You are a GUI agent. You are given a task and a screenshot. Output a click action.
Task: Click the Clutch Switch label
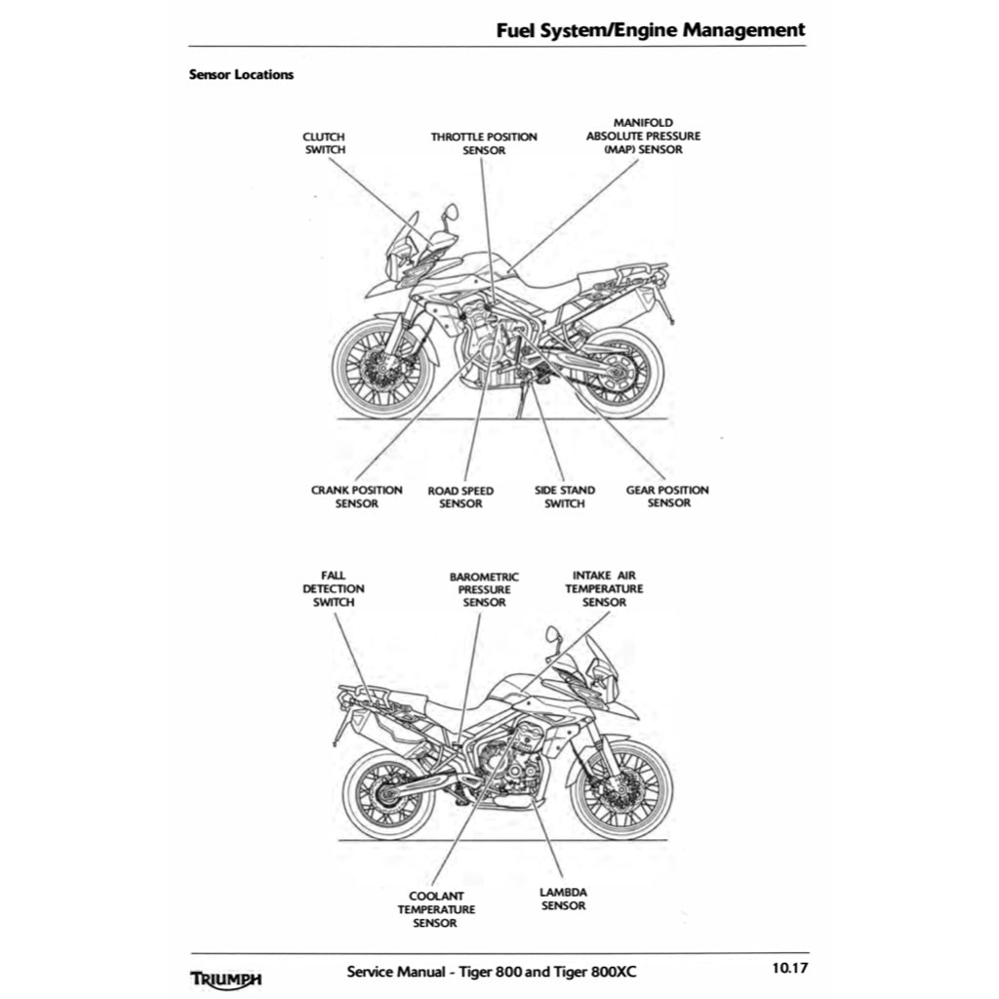pyautogui.click(x=324, y=143)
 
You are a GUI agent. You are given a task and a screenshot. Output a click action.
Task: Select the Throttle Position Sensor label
pyautogui.click(x=484, y=143)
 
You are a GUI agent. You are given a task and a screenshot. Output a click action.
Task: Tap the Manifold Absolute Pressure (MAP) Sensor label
pyautogui.click(x=643, y=137)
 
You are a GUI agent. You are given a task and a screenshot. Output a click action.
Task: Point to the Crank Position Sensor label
pyautogui.click(x=356, y=497)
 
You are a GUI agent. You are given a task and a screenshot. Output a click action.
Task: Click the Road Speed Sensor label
pyautogui.click(x=460, y=498)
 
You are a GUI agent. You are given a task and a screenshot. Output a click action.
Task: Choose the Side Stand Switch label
pyautogui.click(x=564, y=498)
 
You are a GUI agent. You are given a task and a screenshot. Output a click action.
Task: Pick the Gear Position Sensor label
pyautogui.click(x=667, y=497)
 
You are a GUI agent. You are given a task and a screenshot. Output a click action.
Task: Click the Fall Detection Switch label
pyautogui.click(x=334, y=589)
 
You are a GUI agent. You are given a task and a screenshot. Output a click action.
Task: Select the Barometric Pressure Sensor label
pyautogui.click(x=484, y=590)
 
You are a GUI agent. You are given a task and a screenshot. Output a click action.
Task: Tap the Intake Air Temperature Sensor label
pyautogui.click(x=604, y=589)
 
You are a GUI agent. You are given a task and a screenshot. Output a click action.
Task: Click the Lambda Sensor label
pyautogui.click(x=563, y=899)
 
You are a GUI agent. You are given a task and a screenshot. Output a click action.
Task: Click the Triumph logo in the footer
pyautogui.click(x=225, y=977)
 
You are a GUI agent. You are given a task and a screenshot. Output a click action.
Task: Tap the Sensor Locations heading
pyautogui.click(x=241, y=74)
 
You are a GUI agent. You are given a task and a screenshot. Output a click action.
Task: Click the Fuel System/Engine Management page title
pyautogui.click(x=651, y=29)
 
